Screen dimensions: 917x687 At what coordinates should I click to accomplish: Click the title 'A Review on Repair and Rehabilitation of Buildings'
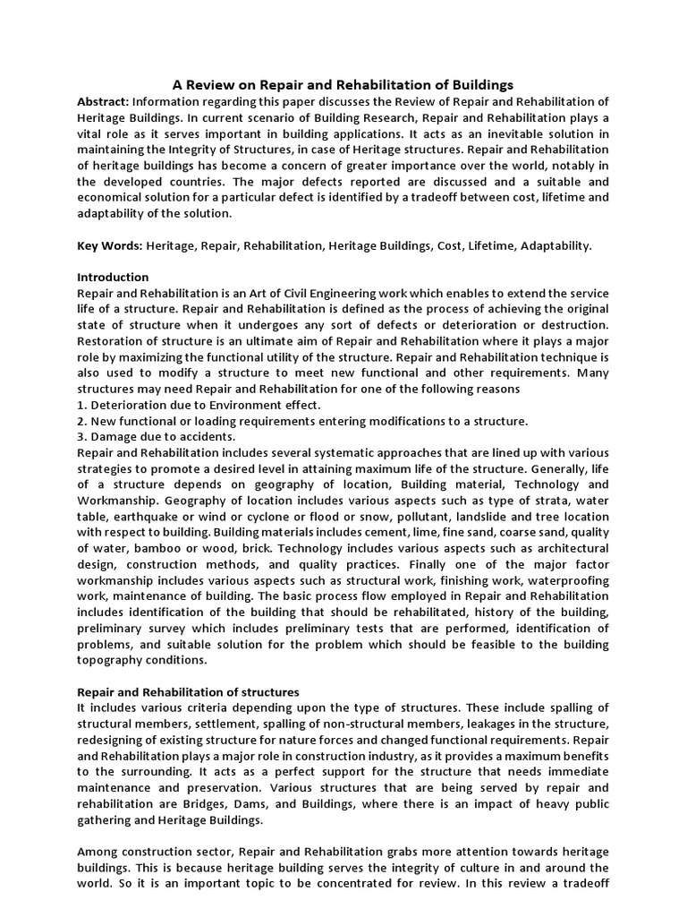(x=343, y=84)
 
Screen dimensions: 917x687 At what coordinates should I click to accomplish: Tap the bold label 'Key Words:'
(x=109, y=244)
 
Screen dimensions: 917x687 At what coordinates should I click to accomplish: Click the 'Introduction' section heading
(x=113, y=277)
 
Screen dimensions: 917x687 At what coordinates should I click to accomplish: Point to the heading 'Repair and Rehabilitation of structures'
(x=188, y=692)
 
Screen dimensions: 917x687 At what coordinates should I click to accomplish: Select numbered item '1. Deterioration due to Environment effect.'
(x=198, y=405)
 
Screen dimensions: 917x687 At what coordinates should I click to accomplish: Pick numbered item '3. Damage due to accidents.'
(x=157, y=437)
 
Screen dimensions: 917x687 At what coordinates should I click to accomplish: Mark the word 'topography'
(x=114, y=660)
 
